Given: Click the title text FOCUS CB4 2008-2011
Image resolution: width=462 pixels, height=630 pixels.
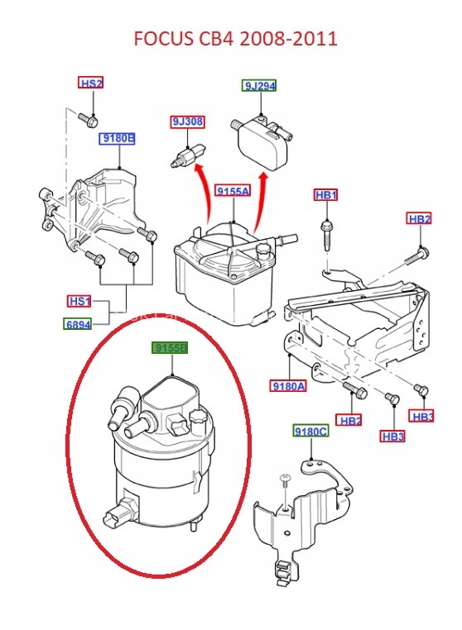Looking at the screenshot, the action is point(235,39).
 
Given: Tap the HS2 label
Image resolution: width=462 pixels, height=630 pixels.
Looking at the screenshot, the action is point(91,84).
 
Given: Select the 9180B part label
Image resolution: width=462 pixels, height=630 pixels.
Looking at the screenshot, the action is point(117,139).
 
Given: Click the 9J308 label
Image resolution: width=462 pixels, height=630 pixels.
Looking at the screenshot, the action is point(188,122).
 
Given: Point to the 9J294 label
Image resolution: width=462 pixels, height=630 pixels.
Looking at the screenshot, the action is point(259,86).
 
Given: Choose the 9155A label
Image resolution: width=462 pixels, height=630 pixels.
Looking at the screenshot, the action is point(233,190).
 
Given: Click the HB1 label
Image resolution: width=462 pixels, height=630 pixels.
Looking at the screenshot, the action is point(326,195).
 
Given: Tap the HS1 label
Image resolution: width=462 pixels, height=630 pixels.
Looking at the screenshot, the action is point(79,301).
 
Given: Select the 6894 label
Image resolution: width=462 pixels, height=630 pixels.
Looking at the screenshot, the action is point(78,324).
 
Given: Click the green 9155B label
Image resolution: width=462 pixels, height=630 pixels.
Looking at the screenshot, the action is point(170,348).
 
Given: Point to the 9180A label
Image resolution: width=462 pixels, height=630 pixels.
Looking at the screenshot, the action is point(288,386).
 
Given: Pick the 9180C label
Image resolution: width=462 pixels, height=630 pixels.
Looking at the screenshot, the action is point(310,432).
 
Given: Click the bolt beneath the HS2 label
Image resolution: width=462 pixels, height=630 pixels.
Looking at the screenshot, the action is point(89,119).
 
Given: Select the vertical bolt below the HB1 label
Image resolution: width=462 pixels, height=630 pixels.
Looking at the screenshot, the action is point(327,234).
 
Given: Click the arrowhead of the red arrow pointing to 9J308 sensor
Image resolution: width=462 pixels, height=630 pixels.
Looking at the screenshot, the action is point(199,168).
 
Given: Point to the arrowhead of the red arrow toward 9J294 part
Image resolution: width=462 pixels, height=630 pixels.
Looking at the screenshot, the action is point(263,178).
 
